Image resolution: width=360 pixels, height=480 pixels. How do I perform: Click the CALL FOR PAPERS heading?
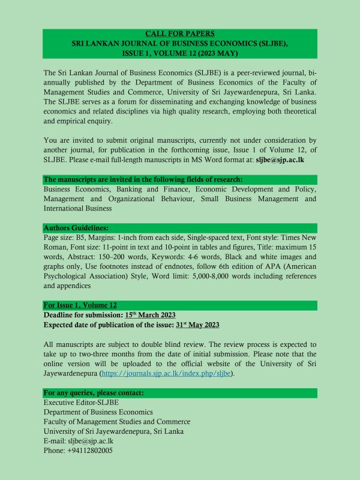[180, 34]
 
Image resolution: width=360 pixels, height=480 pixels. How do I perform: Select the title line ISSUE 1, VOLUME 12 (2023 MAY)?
[180, 53]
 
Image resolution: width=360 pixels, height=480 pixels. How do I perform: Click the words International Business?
[77, 208]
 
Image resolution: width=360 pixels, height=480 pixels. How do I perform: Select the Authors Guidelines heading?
[76, 229]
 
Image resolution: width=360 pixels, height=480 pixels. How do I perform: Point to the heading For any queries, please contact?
[94, 393]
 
